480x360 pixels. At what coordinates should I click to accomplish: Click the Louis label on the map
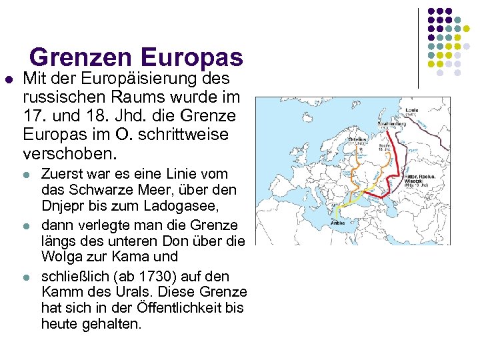pyautogui.click(x=411, y=108)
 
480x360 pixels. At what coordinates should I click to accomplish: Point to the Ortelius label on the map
pyautogui.click(x=341, y=140)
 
